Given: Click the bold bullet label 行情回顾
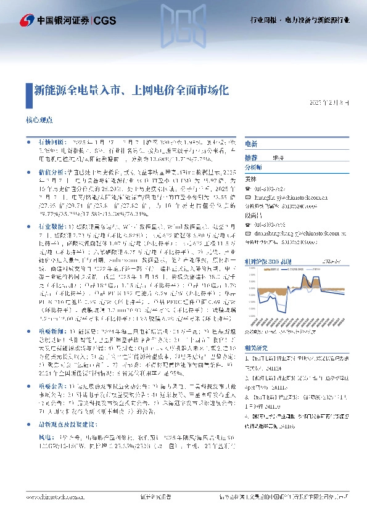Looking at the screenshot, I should coord(52,141).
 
